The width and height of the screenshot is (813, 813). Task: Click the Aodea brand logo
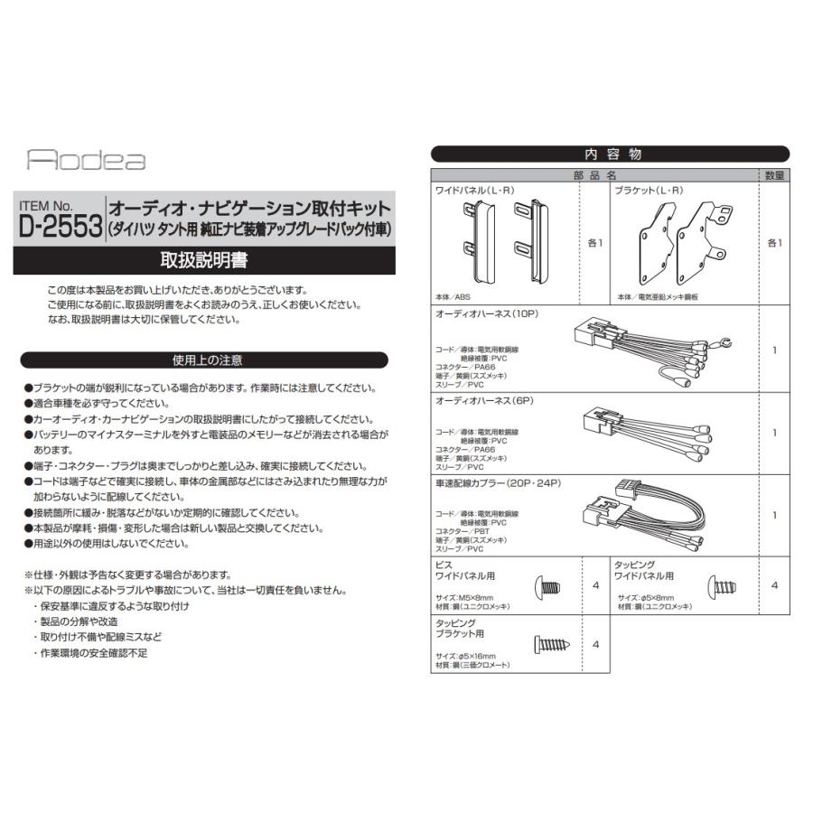(86, 161)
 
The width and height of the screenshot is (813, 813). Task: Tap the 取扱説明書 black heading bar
(204, 260)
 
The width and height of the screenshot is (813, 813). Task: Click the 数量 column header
(774, 174)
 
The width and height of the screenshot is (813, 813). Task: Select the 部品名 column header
(594, 174)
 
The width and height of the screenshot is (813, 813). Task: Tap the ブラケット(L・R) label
(648, 191)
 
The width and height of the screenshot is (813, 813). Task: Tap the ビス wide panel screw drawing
(547, 587)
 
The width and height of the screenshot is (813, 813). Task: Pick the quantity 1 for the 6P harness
(774, 433)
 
